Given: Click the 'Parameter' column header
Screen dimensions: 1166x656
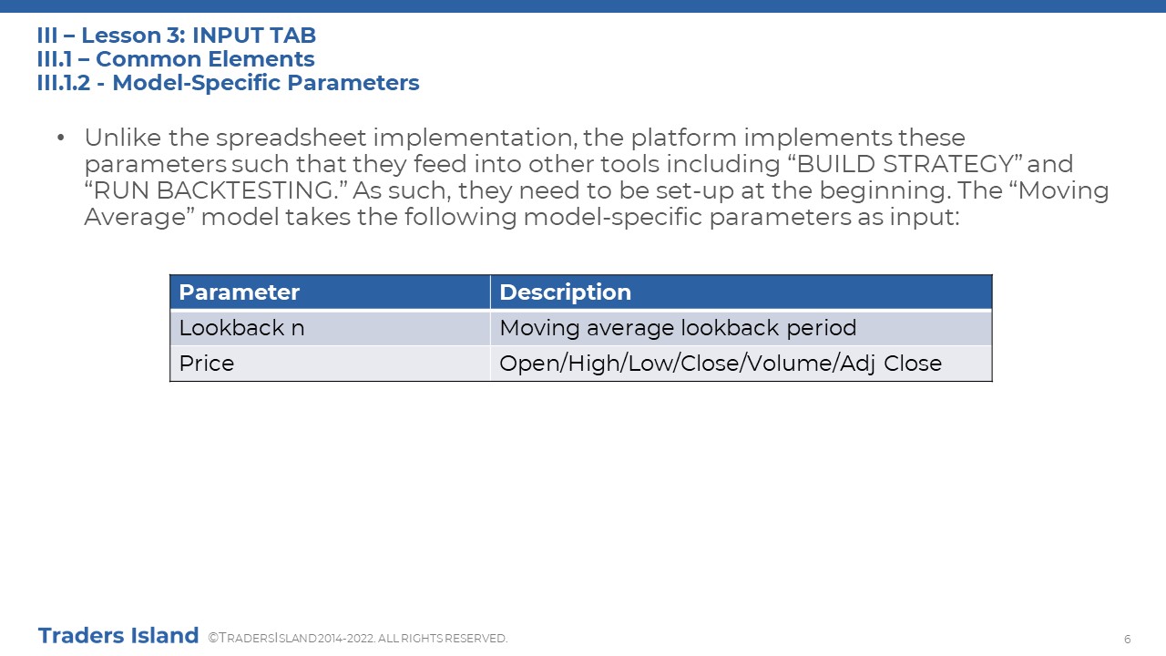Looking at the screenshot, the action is [330, 292].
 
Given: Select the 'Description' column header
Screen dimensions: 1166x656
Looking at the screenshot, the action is [742, 292].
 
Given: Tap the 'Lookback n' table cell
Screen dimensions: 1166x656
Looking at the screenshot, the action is [330, 328].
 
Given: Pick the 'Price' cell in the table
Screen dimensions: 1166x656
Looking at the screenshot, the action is [330, 364].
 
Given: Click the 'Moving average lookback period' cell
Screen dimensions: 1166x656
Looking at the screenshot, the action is [742, 328].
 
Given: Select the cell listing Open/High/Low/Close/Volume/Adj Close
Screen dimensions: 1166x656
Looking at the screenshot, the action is [742, 364].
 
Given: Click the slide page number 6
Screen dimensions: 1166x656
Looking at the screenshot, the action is [1128, 639].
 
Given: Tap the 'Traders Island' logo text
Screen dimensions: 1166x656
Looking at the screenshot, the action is [118, 636].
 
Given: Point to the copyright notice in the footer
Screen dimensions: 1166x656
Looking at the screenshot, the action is [358, 639].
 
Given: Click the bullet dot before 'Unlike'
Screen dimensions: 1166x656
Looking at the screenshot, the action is [61, 138].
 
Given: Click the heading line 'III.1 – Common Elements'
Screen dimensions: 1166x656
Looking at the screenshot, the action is [176, 59].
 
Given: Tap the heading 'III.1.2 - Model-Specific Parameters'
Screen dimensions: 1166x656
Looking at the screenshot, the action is [228, 83].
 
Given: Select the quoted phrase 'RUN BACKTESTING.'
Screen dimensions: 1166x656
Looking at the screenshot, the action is [216, 190].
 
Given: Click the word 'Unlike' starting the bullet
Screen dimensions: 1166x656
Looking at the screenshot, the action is [123, 138].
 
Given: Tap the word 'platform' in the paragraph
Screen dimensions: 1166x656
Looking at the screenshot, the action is [683, 138].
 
